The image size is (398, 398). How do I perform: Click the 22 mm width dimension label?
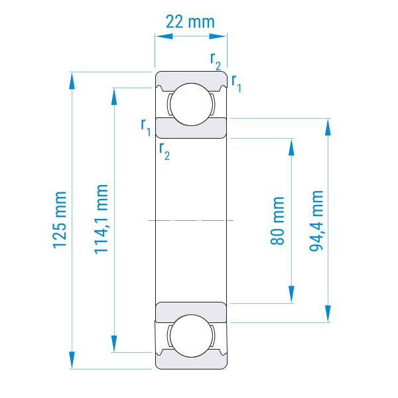(x=190, y=22)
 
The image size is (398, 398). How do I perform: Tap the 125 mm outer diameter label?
(x=60, y=220)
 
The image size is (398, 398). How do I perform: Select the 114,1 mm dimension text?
(x=101, y=220)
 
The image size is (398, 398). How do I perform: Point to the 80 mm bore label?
(x=277, y=221)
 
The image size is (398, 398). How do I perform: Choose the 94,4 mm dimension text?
(x=316, y=221)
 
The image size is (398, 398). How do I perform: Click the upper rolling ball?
(x=191, y=104)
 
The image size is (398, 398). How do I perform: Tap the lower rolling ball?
(x=191, y=336)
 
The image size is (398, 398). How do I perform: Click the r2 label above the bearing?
(x=216, y=61)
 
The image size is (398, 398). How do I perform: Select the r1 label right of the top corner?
(x=236, y=84)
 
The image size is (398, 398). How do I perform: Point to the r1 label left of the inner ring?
(x=146, y=127)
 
